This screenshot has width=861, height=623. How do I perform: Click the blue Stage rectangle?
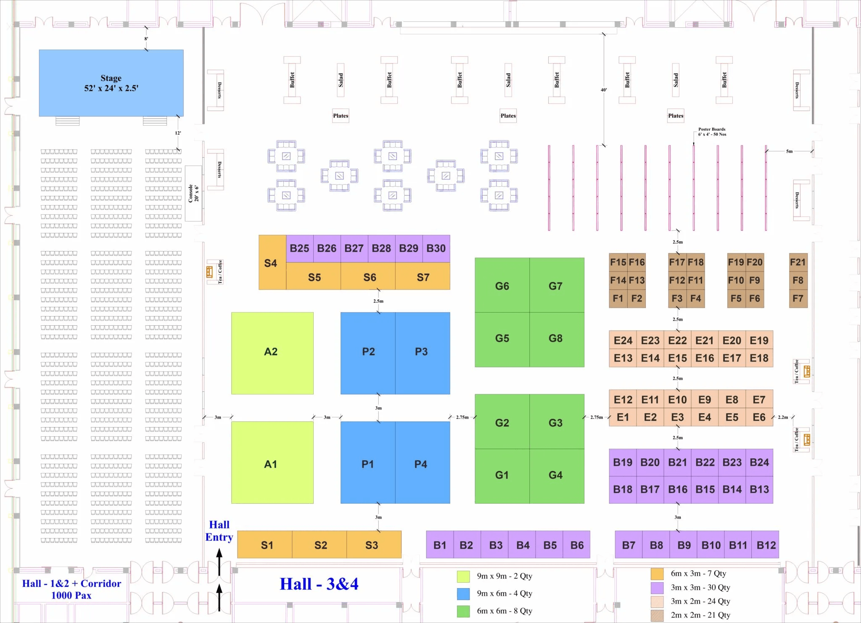click(111, 83)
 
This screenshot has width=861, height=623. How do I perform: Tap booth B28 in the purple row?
click(381, 248)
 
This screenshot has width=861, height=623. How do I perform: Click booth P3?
click(422, 352)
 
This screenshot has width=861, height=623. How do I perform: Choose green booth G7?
click(556, 286)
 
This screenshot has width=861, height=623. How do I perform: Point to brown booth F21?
click(798, 262)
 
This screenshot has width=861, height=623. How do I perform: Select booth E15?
click(677, 358)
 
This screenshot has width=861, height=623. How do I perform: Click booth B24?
click(759, 462)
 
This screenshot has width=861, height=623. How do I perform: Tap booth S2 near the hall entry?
click(320, 545)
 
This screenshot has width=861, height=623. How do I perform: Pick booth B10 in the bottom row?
click(711, 545)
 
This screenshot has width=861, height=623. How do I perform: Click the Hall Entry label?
click(219, 531)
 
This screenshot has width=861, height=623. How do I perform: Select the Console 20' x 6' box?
click(193, 193)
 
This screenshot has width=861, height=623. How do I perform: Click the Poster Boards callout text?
click(712, 132)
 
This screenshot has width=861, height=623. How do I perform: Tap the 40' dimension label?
click(604, 90)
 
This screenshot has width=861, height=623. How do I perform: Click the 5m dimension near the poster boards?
click(789, 151)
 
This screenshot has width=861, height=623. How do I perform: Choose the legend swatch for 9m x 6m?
click(463, 594)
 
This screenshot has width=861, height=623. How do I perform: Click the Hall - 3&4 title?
click(319, 584)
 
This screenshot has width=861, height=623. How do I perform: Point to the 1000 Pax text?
click(71, 595)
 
